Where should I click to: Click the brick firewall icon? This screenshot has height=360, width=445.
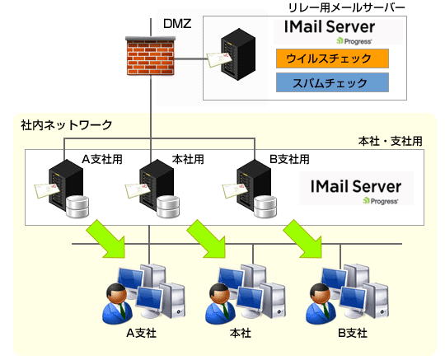(151, 56)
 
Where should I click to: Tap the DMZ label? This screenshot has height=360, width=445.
(177, 24)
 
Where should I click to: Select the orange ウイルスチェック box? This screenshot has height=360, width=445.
(332, 58)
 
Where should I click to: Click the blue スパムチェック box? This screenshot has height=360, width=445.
(332, 82)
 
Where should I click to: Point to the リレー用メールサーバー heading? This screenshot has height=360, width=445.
(346, 7)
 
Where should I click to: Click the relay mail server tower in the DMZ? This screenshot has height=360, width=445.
(238, 54)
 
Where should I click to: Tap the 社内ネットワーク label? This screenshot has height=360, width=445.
(67, 125)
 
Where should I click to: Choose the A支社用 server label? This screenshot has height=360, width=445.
(102, 159)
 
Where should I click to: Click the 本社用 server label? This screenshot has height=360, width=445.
(188, 159)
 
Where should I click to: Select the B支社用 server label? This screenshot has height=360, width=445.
(289, 159)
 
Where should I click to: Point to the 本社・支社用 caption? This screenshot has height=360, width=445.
(391, 141)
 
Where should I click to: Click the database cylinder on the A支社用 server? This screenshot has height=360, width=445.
(77, 207)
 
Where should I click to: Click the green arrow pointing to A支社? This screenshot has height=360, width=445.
(107, 239)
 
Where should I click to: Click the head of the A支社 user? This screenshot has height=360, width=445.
(116, 293)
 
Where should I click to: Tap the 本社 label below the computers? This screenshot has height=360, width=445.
(240, 333)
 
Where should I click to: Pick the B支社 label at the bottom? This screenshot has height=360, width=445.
(353, 333)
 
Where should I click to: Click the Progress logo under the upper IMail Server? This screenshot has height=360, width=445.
(354, 41)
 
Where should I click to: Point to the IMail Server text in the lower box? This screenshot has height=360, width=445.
(356, 186)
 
